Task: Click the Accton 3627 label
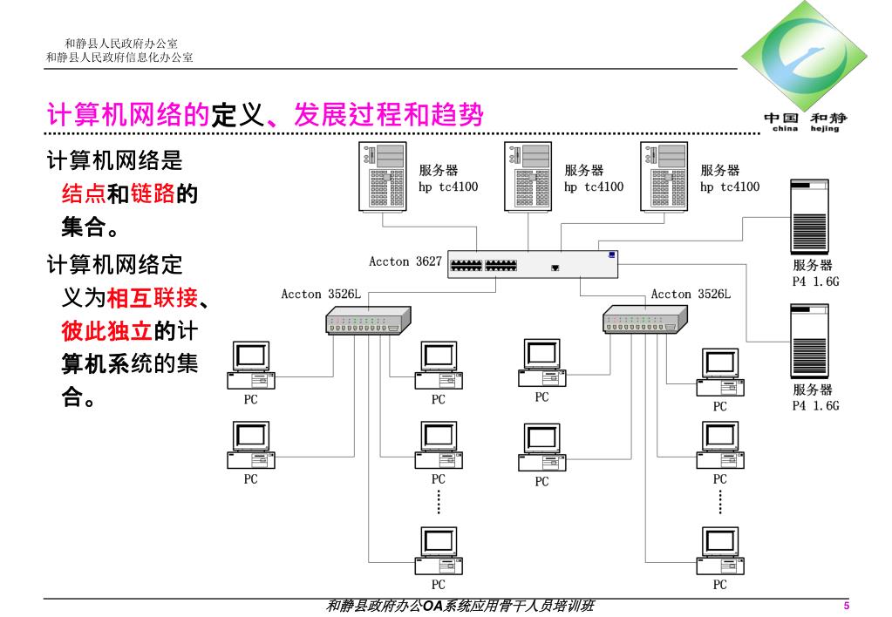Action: click(405, 261)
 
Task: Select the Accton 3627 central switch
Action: click(533, 264)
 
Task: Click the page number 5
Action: click(846, 607)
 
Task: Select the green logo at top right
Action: click(805, 60)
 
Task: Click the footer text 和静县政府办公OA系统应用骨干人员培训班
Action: click(459, 606)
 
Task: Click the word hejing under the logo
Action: click(826, 129)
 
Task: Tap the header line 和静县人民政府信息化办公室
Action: click(119, 58)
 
